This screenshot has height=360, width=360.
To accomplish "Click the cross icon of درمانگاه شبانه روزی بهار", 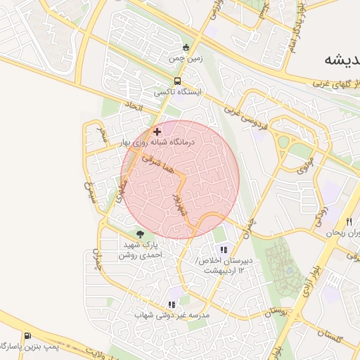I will tap(157, 131).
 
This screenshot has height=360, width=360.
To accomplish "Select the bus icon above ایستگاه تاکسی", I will tap(178, 81).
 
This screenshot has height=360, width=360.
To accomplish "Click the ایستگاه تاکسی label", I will tap(178, 92).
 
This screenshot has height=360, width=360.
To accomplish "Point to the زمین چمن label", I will tap(184, 60).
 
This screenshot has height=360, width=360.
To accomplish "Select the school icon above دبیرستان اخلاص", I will tap(224, 250).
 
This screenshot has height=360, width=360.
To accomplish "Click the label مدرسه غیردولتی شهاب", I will tap(172, 316).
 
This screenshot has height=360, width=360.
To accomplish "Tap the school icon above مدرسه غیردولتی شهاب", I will tap(172, 304).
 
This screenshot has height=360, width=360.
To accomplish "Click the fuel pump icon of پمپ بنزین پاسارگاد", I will tap(27, 336).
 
